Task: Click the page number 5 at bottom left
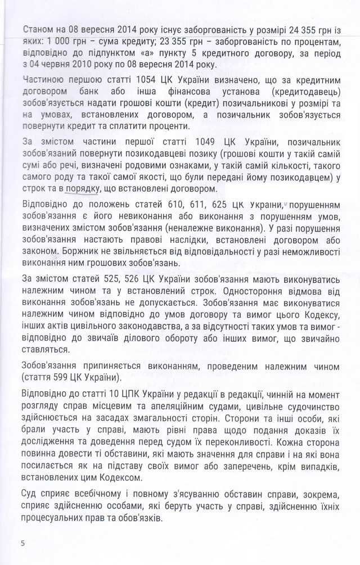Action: tap(22, 543)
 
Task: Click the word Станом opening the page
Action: tap(40, 28)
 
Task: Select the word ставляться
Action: tap(46, 349)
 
